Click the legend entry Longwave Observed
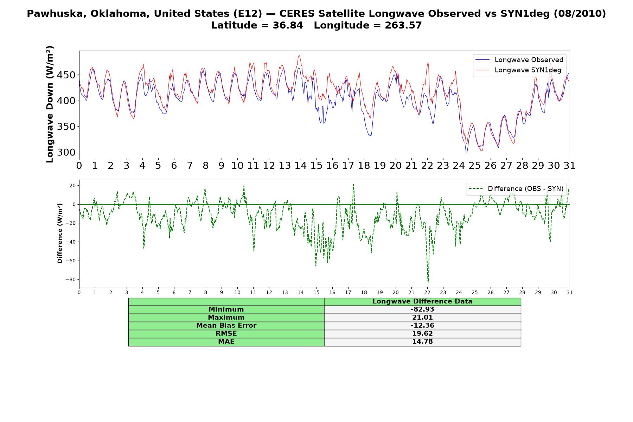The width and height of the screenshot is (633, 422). coord(519,60)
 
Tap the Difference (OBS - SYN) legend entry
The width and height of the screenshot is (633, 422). coord(516,189)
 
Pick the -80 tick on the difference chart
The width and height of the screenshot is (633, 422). coord(70,280)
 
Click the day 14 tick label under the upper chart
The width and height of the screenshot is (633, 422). coord(300,166)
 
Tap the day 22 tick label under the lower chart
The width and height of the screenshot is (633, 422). coord(427,292)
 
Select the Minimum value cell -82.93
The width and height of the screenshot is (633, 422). coord(422,309)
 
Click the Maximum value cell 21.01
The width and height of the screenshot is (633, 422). coord(422,318)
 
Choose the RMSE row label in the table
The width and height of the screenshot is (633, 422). coord(226,334)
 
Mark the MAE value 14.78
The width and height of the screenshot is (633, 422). coord(422,342)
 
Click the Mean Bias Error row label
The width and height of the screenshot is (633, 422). coord(226,326)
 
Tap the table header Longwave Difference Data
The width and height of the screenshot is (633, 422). coord(422,301)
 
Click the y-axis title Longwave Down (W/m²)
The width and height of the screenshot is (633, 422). coord(50,104)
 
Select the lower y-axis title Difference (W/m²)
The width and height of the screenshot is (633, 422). coord(60,233)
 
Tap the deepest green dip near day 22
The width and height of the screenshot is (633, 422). coord(428,282)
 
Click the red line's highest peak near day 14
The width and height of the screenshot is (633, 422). coord(299,56)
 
